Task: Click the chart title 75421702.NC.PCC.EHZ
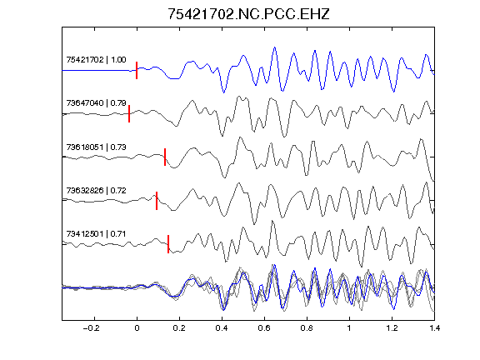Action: (x=248, y=14)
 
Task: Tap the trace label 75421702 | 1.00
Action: (x=96, y=60)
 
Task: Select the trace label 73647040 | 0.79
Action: (x=96, y=103)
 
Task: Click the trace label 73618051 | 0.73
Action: (x=96, y=147)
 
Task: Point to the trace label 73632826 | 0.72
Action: (x=96, y=191)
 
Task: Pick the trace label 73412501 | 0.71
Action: (x=96, y=234)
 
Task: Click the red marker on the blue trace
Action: (x=137, y=70)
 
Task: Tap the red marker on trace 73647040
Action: (x=129, y=113)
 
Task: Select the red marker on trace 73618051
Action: (x=165, y=157)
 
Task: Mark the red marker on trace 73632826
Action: (x=157, y=201)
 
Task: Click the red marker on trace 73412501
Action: (x=168, y=244)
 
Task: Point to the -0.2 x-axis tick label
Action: (x=92, y=328)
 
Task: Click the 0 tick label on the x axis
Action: (x=137, y=328)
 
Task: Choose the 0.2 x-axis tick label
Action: (x=179, y=328)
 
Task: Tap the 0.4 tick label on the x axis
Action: (x=222, y=328)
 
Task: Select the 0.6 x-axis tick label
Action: (x=264, y=328)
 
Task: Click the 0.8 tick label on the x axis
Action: (x=307, y=328)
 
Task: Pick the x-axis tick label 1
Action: (x=349, y=328)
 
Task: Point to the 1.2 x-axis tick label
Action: (x=392, y=328)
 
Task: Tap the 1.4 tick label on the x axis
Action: (x=434, y=328)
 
